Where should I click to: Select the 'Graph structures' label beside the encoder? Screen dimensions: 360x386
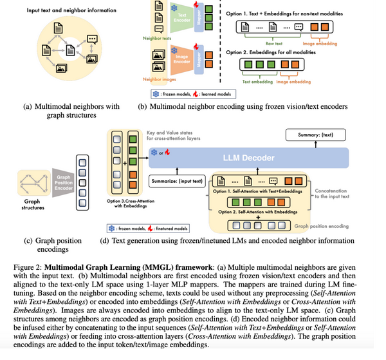(x=30, y=203)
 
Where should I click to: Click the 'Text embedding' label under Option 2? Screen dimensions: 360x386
(x=256, y=81)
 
